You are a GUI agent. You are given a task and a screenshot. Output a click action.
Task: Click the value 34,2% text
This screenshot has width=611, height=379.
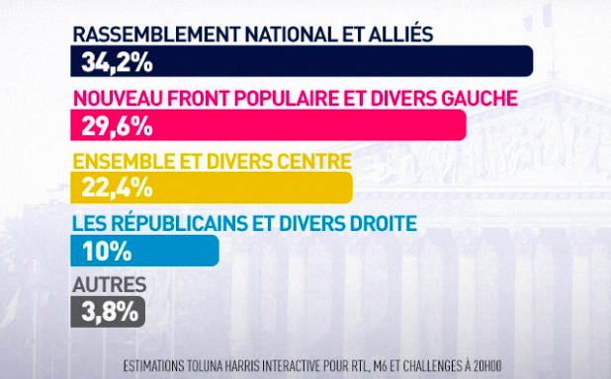pos(113,63)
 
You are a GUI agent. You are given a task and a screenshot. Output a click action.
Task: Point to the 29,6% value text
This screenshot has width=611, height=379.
pos(113,125)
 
